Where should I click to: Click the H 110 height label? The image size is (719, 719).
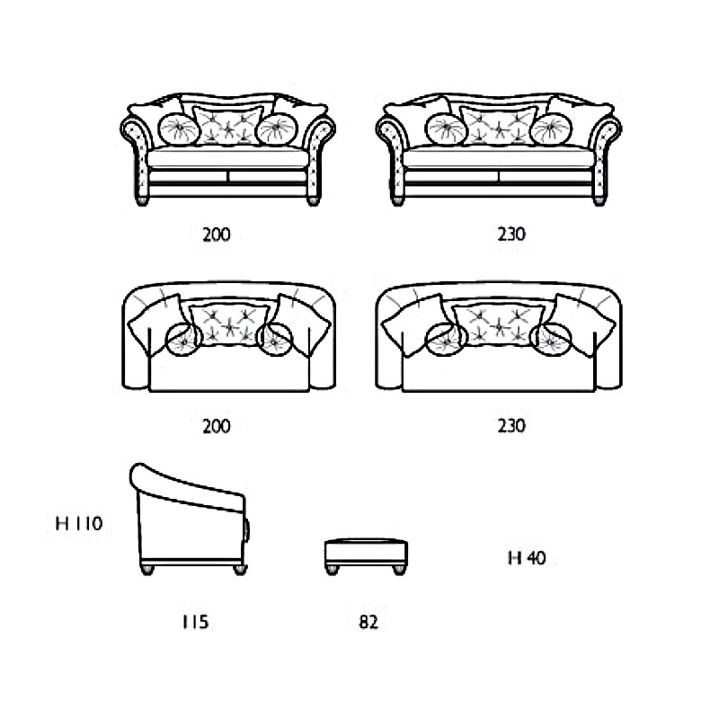[79, 523]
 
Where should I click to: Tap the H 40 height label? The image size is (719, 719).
[527, 557]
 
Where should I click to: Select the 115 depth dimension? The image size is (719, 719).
[195, 622]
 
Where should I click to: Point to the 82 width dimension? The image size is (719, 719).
[368, 622]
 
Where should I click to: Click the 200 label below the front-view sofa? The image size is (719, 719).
[217, 235]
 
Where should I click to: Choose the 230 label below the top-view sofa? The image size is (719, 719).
[511, 426]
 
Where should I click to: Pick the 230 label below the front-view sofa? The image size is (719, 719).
[511, 235]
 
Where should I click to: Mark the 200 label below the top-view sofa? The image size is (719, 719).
[217, 426]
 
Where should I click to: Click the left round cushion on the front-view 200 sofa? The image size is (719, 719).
[179, 129]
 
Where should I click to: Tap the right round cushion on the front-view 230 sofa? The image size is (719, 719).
[551, 129]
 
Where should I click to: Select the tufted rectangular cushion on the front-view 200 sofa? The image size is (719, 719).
[228, 125]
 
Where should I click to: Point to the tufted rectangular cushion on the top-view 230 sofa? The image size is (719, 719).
[500, 325]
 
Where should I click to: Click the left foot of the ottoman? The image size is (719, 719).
[332, 570]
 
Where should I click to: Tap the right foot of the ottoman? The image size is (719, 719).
[400, 570]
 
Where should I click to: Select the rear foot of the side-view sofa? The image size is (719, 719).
[146, 570]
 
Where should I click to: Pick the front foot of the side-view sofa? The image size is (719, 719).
[240, 570]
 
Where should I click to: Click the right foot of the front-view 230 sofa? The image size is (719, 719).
[599, 200]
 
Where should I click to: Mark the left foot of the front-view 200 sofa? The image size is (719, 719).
[143, 200]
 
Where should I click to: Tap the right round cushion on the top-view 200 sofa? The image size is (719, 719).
[275, 340]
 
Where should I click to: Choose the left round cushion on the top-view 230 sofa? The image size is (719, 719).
[446, 340]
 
